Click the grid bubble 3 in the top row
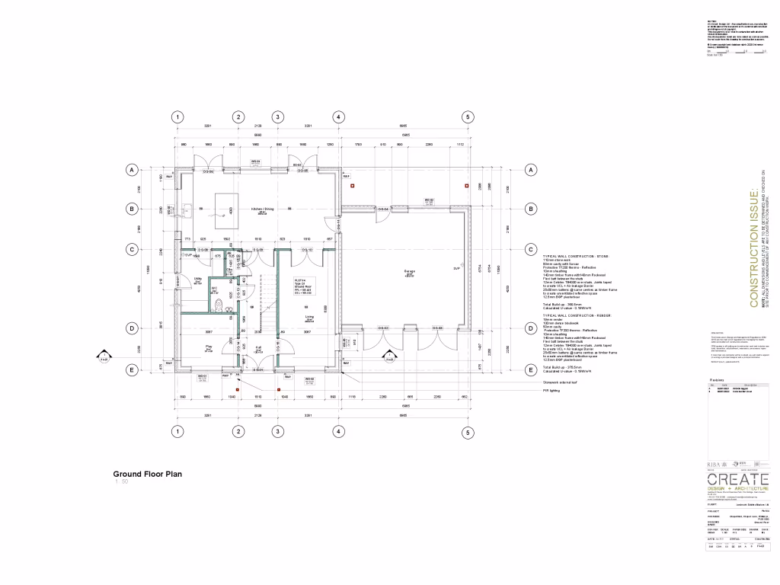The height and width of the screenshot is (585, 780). click(278, 117)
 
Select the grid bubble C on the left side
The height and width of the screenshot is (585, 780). click(132, 249)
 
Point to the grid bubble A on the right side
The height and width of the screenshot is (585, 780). click(531, 170)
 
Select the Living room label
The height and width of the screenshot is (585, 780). click(310, 318)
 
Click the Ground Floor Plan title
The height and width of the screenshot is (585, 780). click(147, 473)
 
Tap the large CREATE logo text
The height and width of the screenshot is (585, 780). click(738, 479)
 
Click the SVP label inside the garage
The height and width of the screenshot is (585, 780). click(457, 268)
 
